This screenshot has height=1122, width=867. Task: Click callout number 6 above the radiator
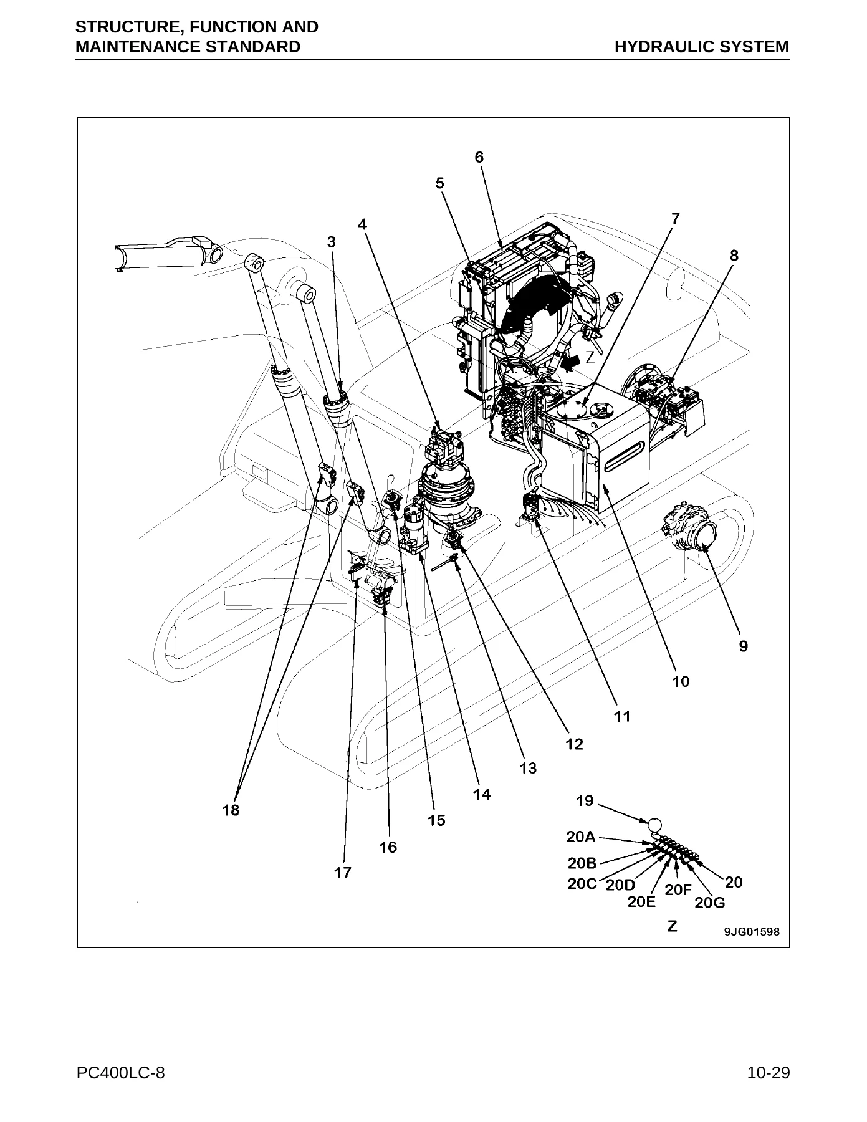pos(479,158)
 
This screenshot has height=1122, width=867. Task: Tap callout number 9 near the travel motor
pos(744,646)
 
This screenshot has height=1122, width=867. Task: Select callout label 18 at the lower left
pos(231,810)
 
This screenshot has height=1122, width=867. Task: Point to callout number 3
pos(332,242)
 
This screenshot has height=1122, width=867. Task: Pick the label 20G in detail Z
pos(710,903)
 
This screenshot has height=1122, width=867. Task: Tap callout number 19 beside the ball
pos(585,801)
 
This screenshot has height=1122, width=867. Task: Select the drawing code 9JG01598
pos(751,932)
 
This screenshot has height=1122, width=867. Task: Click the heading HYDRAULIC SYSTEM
pos(702,47)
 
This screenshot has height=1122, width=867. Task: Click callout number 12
pos(574,744)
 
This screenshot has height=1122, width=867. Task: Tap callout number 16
pos(388,847)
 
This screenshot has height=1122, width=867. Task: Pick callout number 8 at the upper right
pos(734,255)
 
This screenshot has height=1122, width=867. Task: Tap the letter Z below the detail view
pos(673,926)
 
